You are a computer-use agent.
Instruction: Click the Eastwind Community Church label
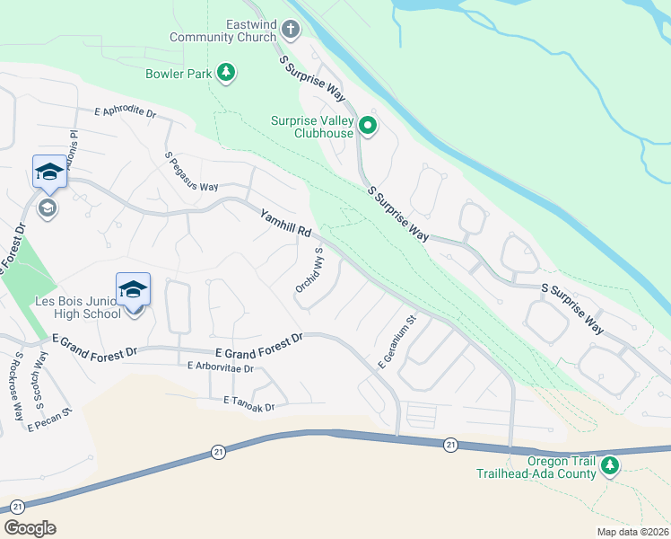coord(226,31)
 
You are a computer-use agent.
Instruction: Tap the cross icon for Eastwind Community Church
coord(289,29)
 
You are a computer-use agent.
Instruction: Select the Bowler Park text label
coord(178,73)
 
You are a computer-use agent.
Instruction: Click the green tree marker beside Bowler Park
coord(226,72)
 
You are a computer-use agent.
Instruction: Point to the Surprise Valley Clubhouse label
coord(312,127)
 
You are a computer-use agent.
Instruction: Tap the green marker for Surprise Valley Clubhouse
coord(367,126)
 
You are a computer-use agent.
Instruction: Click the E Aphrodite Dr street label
coord(125,113)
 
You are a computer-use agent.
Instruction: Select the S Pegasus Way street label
coord(191,172)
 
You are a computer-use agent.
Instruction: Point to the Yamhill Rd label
coord(286,225)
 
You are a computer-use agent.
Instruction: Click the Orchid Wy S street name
coord(309,269)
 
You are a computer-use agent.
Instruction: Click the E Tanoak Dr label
coord(241,406)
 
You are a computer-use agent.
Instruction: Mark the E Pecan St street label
coord(48,420)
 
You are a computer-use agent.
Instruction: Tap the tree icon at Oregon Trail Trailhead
coord(610,465)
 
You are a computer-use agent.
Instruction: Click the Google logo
coord(30,528)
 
